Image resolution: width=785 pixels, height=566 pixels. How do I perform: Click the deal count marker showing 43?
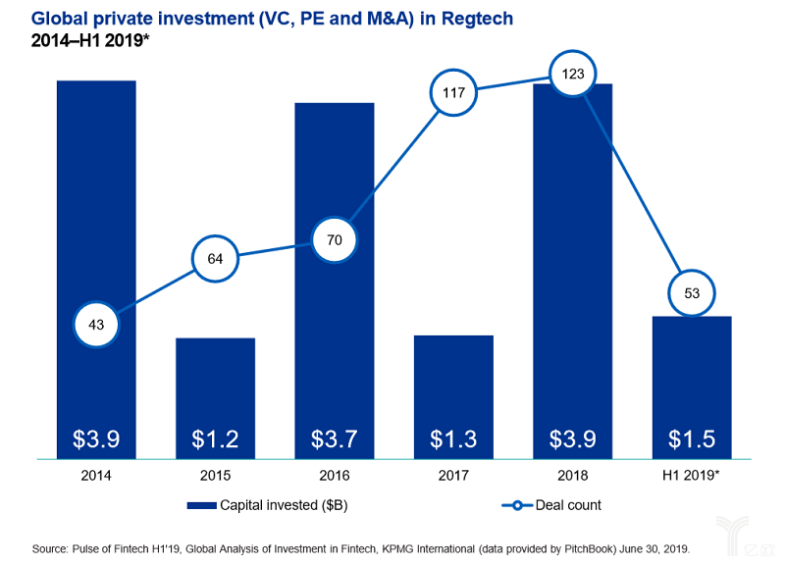point(96,325)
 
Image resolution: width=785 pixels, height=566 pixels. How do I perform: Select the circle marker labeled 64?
point(215,259)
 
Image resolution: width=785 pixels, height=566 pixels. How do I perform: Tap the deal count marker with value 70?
point(335,239)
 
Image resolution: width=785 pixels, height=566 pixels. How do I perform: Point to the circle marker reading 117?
point(453,92)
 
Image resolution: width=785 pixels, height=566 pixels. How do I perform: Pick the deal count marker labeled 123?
point(573,75)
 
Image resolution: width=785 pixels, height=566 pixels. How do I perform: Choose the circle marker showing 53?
point(692,292)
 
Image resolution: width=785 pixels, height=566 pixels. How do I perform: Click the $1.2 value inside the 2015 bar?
point(215,438)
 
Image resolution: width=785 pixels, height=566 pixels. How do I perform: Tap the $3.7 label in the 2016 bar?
point(335,438)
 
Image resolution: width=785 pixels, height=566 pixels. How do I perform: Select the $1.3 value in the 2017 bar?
point(453,438)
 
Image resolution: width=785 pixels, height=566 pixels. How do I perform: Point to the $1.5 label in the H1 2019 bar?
point(692,438)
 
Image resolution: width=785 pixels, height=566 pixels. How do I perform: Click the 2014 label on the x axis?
point(96,475)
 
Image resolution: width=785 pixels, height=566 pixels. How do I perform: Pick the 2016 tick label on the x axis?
point(335,475)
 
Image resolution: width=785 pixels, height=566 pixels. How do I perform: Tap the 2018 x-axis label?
point(573,475)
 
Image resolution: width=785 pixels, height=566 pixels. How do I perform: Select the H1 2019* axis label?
point(691,475)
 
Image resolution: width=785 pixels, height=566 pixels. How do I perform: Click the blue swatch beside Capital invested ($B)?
point(202,505)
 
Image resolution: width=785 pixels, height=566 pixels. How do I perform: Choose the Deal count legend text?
point(568,505)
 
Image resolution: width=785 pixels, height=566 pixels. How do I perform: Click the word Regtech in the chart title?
point(478,19)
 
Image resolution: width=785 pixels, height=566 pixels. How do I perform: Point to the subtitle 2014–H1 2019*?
point(90,40)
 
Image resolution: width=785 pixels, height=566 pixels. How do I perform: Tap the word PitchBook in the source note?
point(591,549)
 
